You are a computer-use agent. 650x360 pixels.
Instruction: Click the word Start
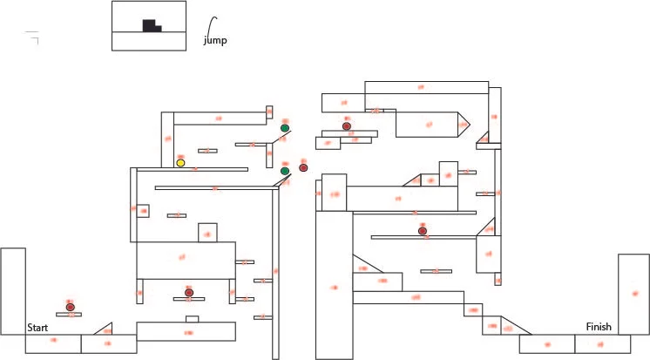pyautogui.click(x=37, y=328)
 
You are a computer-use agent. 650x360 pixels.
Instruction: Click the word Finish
pyautogui.click(x=599, y=327)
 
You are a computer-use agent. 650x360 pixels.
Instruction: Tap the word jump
pyautogui.click(x=215, y=40)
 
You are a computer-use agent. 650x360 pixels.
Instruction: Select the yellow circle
pyautogui.click(x=180, y=163)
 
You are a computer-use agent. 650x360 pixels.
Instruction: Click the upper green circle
pyautogui.click(x=285, y=128)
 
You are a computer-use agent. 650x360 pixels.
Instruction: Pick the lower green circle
pyautogui.click(x=285, y=171)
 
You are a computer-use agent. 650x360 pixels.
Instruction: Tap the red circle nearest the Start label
pyautogui.click(x=71, y=307)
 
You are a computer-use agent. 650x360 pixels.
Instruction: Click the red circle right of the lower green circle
pyautogui.click(x=303, y=167)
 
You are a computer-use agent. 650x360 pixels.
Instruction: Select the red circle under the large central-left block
pyautogui.click(x=188, y=292)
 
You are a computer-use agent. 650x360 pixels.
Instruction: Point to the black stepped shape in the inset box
pyautogui.click(x=151, y=26)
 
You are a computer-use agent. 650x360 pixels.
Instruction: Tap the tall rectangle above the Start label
pyautogui.click(x=13, y=290)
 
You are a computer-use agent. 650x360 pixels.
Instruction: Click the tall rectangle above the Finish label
pyautogui.click(x=633, y=294)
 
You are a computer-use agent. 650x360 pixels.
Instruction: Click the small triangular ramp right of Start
pyautogui.click(x=105, y=329)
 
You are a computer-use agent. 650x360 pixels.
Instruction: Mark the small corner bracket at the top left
pyautogui.click(x=34, y=36)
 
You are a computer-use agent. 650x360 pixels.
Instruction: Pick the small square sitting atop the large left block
pyautogui.click(x=207, y=233)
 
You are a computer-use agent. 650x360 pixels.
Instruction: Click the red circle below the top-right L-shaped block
pyautogui.click(x=347, y=126)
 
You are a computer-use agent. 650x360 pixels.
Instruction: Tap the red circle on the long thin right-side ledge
pyautogui.click(x=423, y=231)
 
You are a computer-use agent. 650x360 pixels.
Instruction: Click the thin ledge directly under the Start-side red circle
pyautogui.click(x=69, y=315)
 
